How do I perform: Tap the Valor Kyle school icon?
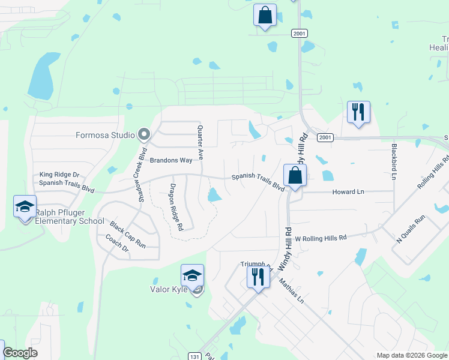coord(192,277)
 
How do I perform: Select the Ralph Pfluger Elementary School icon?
coord(25,207)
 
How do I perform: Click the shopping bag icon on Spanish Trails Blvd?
coord(295,176)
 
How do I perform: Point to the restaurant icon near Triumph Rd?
coord(258,278)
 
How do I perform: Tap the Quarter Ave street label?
coord(200,142)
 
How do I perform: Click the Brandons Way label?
coord(170,160)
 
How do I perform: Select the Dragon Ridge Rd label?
coord(176,206)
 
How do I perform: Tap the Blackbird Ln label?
coord(394,161)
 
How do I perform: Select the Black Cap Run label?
coord(127,235)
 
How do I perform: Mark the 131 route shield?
coord(205,356)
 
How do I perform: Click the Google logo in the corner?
coord(20,353)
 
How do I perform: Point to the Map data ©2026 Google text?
coord(411,355)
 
